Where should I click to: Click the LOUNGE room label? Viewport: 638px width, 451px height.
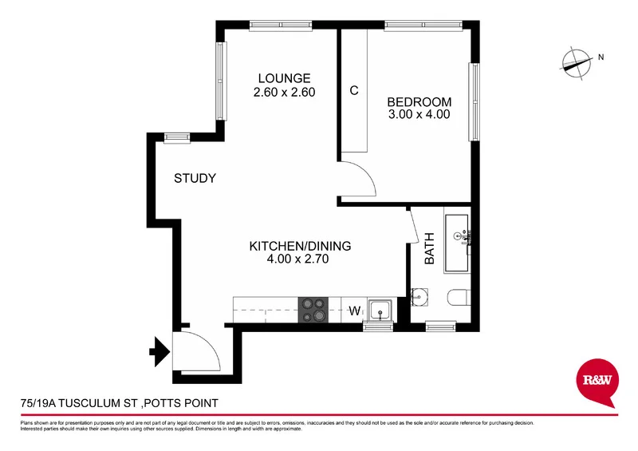pyautogui.click(x=284, y=78)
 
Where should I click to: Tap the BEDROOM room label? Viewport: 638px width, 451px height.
pyautogui.click(x=419, y=102)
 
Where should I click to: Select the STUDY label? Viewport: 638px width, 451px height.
pyautogui.click(x=195, y=178)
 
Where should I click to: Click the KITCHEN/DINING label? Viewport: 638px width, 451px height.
pyautogui.click(x=300, y=246)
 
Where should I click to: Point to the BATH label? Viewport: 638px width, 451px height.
pyautogui.click(x=429, y=248)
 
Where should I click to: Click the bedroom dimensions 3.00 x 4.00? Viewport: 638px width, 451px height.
pyautogui.click(x=419, y=114)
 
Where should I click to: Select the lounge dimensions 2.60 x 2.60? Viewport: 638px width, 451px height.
pyautogui.click(x=284, y=92)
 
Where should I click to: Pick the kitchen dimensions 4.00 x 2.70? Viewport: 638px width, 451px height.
pyautogui.click(x=300, y=259)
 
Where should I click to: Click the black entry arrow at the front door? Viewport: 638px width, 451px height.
pyautogui.click(x=160, y=349)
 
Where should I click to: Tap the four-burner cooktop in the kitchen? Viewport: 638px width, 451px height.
pyautogui.click(x=312, y=310)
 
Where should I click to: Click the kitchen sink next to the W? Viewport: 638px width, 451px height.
pyautogui.click(x=380, y=309)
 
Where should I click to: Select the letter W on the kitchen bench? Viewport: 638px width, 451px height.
pyautogui.click(x=356, y=311)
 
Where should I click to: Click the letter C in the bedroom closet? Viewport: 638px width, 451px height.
pyautogui.click(x=353, y=90)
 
